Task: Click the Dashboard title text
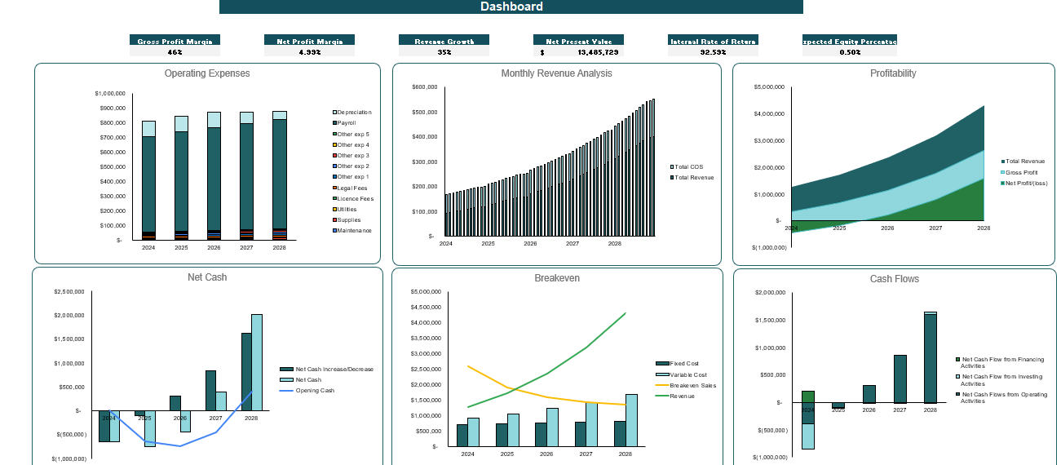coord(511,7)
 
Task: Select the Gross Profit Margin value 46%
coord(175,51)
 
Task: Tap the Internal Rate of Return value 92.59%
coord(713,51)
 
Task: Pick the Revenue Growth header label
coord(444,40)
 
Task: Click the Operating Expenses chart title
coord(207,73)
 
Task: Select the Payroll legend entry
coord(347,123)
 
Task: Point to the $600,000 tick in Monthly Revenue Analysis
coord(425,86)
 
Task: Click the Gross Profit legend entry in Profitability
coord(1021,173)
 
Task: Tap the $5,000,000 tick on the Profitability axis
coord(768,86)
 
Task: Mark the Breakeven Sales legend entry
coord(692,385)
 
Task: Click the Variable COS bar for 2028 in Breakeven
coord(632,420)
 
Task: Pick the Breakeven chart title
coord(557,278)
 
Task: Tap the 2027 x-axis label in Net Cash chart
coord(215,418)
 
